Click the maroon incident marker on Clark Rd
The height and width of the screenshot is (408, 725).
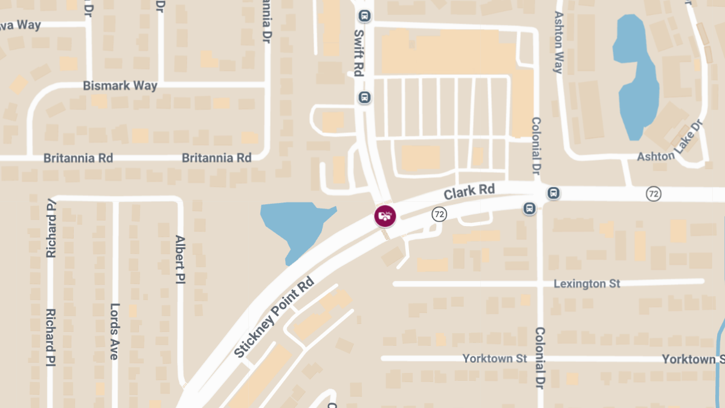pos(385,216)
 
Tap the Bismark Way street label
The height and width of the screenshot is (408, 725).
pos(120,86)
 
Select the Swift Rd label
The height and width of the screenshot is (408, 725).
pos(358,53)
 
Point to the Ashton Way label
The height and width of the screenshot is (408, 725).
pos(558,42)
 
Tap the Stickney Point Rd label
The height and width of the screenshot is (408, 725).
pos(275,317)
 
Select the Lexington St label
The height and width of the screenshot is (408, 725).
pos(587,283)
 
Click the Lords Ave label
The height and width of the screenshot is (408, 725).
pos(114,331)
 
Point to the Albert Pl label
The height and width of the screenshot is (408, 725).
pos(179,259)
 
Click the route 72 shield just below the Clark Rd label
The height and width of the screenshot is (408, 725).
pos(439,214)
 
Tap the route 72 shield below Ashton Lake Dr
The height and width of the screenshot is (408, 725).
pos(653,194)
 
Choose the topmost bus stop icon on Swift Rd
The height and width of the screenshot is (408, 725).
pos(364,15)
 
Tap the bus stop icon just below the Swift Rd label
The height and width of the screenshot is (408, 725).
pos(364,97)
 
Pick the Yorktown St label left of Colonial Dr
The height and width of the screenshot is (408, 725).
pos(495,358)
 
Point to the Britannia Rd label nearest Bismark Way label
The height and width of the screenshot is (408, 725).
pos(78,158)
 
